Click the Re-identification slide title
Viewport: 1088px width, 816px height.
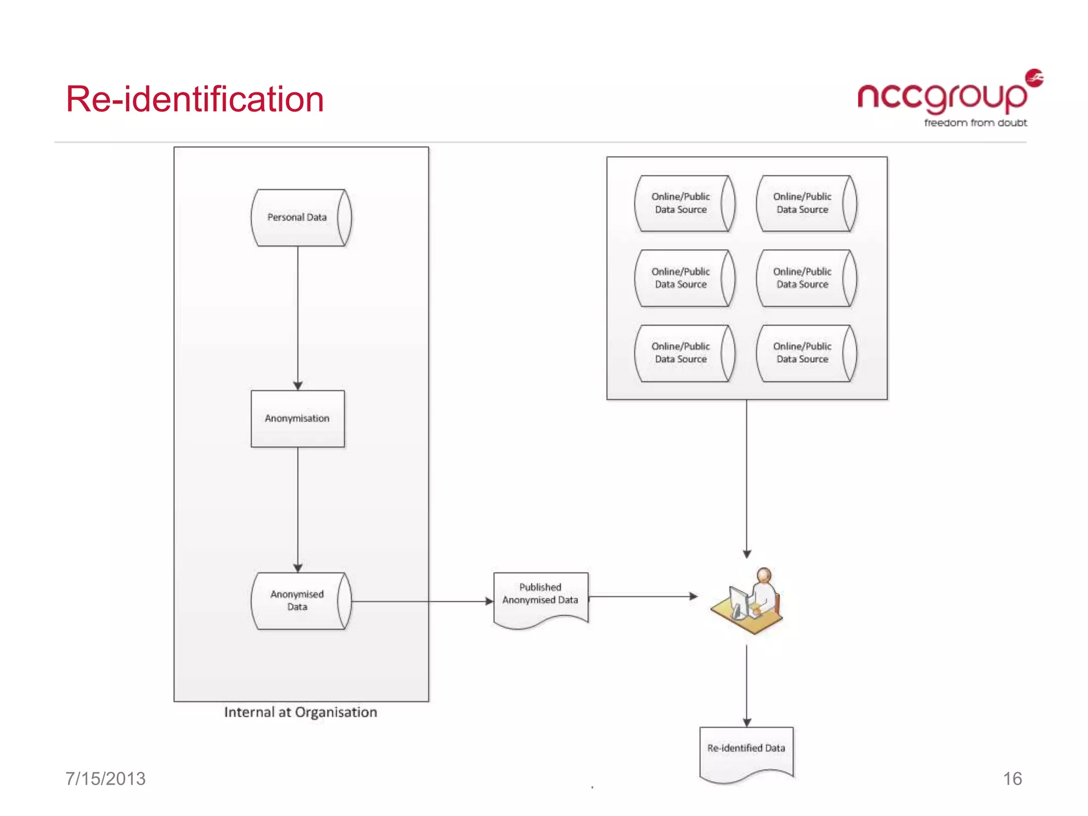click(x=194, y=99)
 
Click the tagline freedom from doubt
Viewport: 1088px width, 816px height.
click(x=975, y=123)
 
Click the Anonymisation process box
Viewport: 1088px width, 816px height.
click(x=297, y=419)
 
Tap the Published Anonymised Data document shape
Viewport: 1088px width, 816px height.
click(x=540, y=598)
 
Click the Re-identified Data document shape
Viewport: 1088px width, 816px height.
click(x=746, y=751)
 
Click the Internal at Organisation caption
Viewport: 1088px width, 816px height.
click(x=300, y=712)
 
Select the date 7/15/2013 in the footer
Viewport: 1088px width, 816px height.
click(x=105, y=778)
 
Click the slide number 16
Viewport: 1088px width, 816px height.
click(x=1012, y=778)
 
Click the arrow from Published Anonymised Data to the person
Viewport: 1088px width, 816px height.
click(x=643, y=596)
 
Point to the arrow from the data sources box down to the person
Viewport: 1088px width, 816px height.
click(x=746, y=478)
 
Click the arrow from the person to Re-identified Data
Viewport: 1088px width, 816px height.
click(x=746, y=685)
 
